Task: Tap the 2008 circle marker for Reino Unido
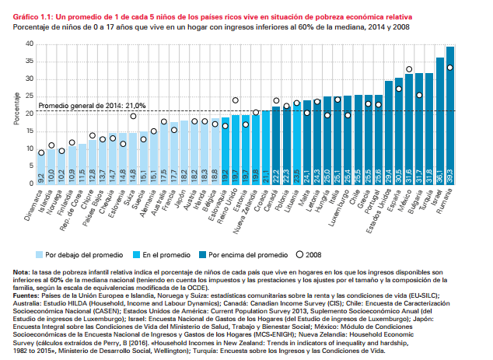(235, 100)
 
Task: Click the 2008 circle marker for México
(409, 69)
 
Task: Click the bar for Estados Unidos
(389, 132)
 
